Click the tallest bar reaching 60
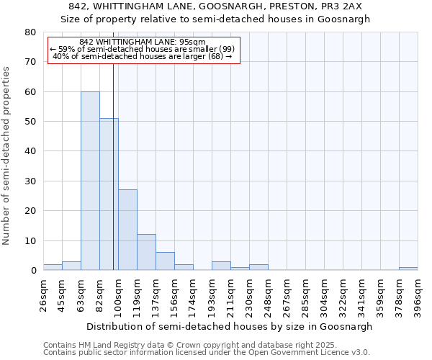[x=90, y=181]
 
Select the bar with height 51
[x=109, y=194]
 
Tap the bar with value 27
[x=127, y=230]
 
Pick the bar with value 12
[x=146, y=252]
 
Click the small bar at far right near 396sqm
[x=408, y=269]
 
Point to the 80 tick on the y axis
[x=32, y=32]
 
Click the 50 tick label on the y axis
[x=32, y=122]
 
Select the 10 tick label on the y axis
[x=32, y=240]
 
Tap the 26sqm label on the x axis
[x=44, y=293]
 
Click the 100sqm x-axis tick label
[x=119, y=293]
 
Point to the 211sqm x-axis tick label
[x=231, y=293]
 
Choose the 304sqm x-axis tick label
[x=325, y=293]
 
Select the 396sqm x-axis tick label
[x=418, y=293]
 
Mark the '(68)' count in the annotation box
[x=217, y=56]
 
